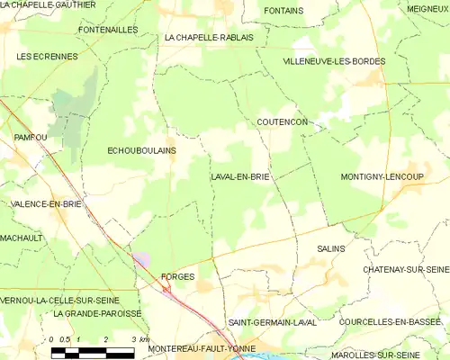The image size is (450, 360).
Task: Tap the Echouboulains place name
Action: (x=141, y=150)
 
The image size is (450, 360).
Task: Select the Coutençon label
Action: (x=282, y=121)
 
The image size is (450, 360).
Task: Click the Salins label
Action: (x=331, y=248)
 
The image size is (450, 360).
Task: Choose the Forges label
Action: (x=176, y=276)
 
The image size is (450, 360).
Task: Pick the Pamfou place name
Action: (x=30, y=137)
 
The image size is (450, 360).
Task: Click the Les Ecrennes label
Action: (x=46, y=56)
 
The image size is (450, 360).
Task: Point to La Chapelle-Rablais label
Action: (x=209, y=38)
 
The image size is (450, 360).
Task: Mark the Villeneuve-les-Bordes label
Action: (x=334, y=61)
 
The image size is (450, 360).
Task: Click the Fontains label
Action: (x=284, y=11)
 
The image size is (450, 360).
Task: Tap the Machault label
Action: (x=22, y=238)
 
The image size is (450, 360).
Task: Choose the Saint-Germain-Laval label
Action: (x=272, y=321)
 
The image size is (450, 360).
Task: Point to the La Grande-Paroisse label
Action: (x=97, y=313)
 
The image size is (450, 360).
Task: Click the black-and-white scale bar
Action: (x=93, y=351)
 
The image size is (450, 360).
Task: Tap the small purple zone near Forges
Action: (x=142, y=259)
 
